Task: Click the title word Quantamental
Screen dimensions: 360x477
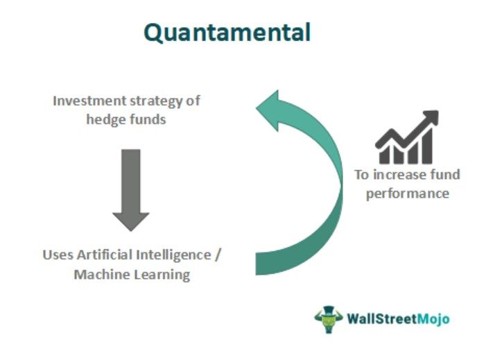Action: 227,32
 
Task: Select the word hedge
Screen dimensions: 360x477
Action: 105,119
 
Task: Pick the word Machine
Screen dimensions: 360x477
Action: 100,274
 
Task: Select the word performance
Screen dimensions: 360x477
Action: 407,193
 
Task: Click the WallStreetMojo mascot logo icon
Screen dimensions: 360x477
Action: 328,319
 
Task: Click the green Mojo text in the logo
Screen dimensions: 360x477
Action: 432,319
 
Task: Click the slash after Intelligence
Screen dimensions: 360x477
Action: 218,254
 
